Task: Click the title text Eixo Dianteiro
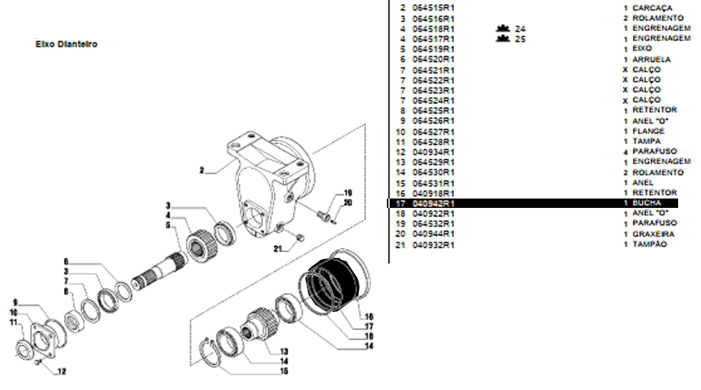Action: [x=66, y=44]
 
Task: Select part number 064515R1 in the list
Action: [x=433, y=8]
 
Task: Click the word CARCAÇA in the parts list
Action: [x=652, y=8]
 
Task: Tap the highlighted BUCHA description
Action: [x=646, y=203]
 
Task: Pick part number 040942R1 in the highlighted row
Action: [x=433, y=203]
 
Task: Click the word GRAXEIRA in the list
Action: [x=653, y=234]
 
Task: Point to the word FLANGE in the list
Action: [x=648, y=131]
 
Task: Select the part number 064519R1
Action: [x=433, y=49]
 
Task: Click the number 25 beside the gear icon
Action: [x=520, y=39]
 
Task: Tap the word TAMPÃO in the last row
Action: [x=649, y=244]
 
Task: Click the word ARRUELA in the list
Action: [x=651, y=59]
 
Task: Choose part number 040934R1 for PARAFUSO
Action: [x=433, y=152]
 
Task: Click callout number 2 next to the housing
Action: [x=201, y=171]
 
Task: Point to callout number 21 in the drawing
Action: [x=277, y=248]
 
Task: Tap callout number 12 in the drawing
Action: [x=62, y=371]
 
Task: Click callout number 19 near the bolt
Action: [x=348, y=193]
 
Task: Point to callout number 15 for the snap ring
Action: [x=284, y=371]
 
